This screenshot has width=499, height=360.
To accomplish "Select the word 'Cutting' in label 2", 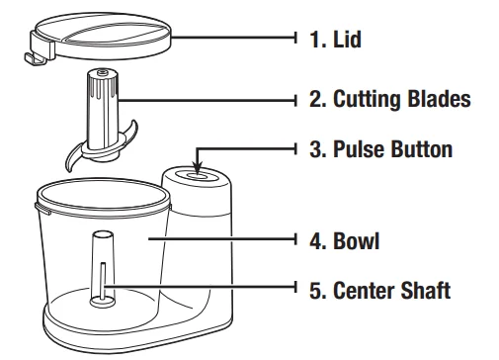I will pyautogui.click(x=371, y=100).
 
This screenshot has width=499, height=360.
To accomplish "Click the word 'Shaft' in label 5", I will pyautogui.click(x=431, y=291).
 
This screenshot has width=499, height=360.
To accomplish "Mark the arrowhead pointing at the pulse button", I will pyautogui.click(x=200, y=168).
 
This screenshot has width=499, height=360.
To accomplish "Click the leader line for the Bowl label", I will pyautogui.click(x=227, y=240).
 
